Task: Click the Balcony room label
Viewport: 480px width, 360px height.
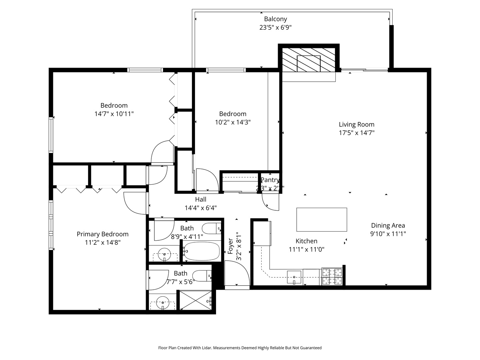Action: (275, 19)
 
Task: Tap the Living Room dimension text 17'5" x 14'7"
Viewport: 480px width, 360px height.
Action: (356, 133)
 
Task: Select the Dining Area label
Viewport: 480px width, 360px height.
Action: (388, 225)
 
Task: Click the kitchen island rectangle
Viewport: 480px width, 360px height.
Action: (322, 219)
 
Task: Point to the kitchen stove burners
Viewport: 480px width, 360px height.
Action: (332, 277)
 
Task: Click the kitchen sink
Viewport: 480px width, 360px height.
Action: (294, 277)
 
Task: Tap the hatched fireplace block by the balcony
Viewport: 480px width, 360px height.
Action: (309, 60)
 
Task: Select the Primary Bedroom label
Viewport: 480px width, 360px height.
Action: (102, 234)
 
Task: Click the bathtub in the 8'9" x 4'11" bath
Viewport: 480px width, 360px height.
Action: (202, 251)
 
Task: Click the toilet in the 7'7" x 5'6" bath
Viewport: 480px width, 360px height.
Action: (202, 276)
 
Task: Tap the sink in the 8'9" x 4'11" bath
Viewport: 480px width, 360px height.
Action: (164, 255)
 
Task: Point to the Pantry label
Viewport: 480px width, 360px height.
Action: (270, 180)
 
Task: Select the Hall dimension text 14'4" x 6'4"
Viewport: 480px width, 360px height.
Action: (201, 208)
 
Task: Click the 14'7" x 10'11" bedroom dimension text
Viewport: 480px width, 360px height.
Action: (114, 114)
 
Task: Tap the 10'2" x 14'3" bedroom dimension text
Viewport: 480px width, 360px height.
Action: (233, 122)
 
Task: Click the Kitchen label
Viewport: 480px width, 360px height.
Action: (306, 241)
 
